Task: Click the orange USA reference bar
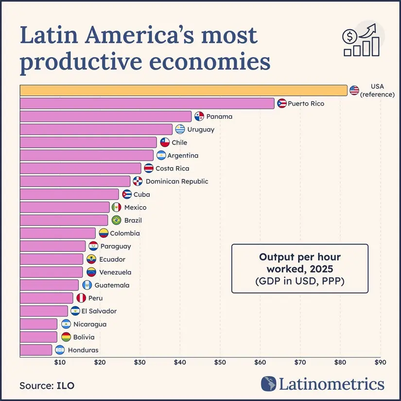pyautogui.click(x=184, y=90)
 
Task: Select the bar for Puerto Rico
pyautogui.click(x=147, y=104)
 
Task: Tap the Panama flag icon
pyautogui.click(x=199, y=117)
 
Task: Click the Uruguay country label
pyautogui.click(x=201, y=130)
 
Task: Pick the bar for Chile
pyautogui.click(x=88, y=142)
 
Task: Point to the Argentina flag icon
pyautogui.click(x=161, y=156)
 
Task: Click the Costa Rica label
pyautogui.click(x=172, y=169)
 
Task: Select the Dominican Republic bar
pyautogui.click(x=75, y=181)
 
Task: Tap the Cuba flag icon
pyautogui.click(x=127, y=194)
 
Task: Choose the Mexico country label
pyautogui.click(x=135, y=208)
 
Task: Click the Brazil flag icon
pyautogui.click(x=116, y=220)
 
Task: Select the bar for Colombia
pyautogui.click(x=57, y=233)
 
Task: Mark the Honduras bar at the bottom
pyautogui.click(x=35, y=350)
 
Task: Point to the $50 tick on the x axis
pyautogui.click(x=220, y=362)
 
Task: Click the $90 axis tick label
pyautogui.click(x=380, y=362)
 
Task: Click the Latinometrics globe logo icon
pyautogui.click(x=268, y=384)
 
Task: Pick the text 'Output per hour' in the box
pyautogui.click(x=299, y=258)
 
